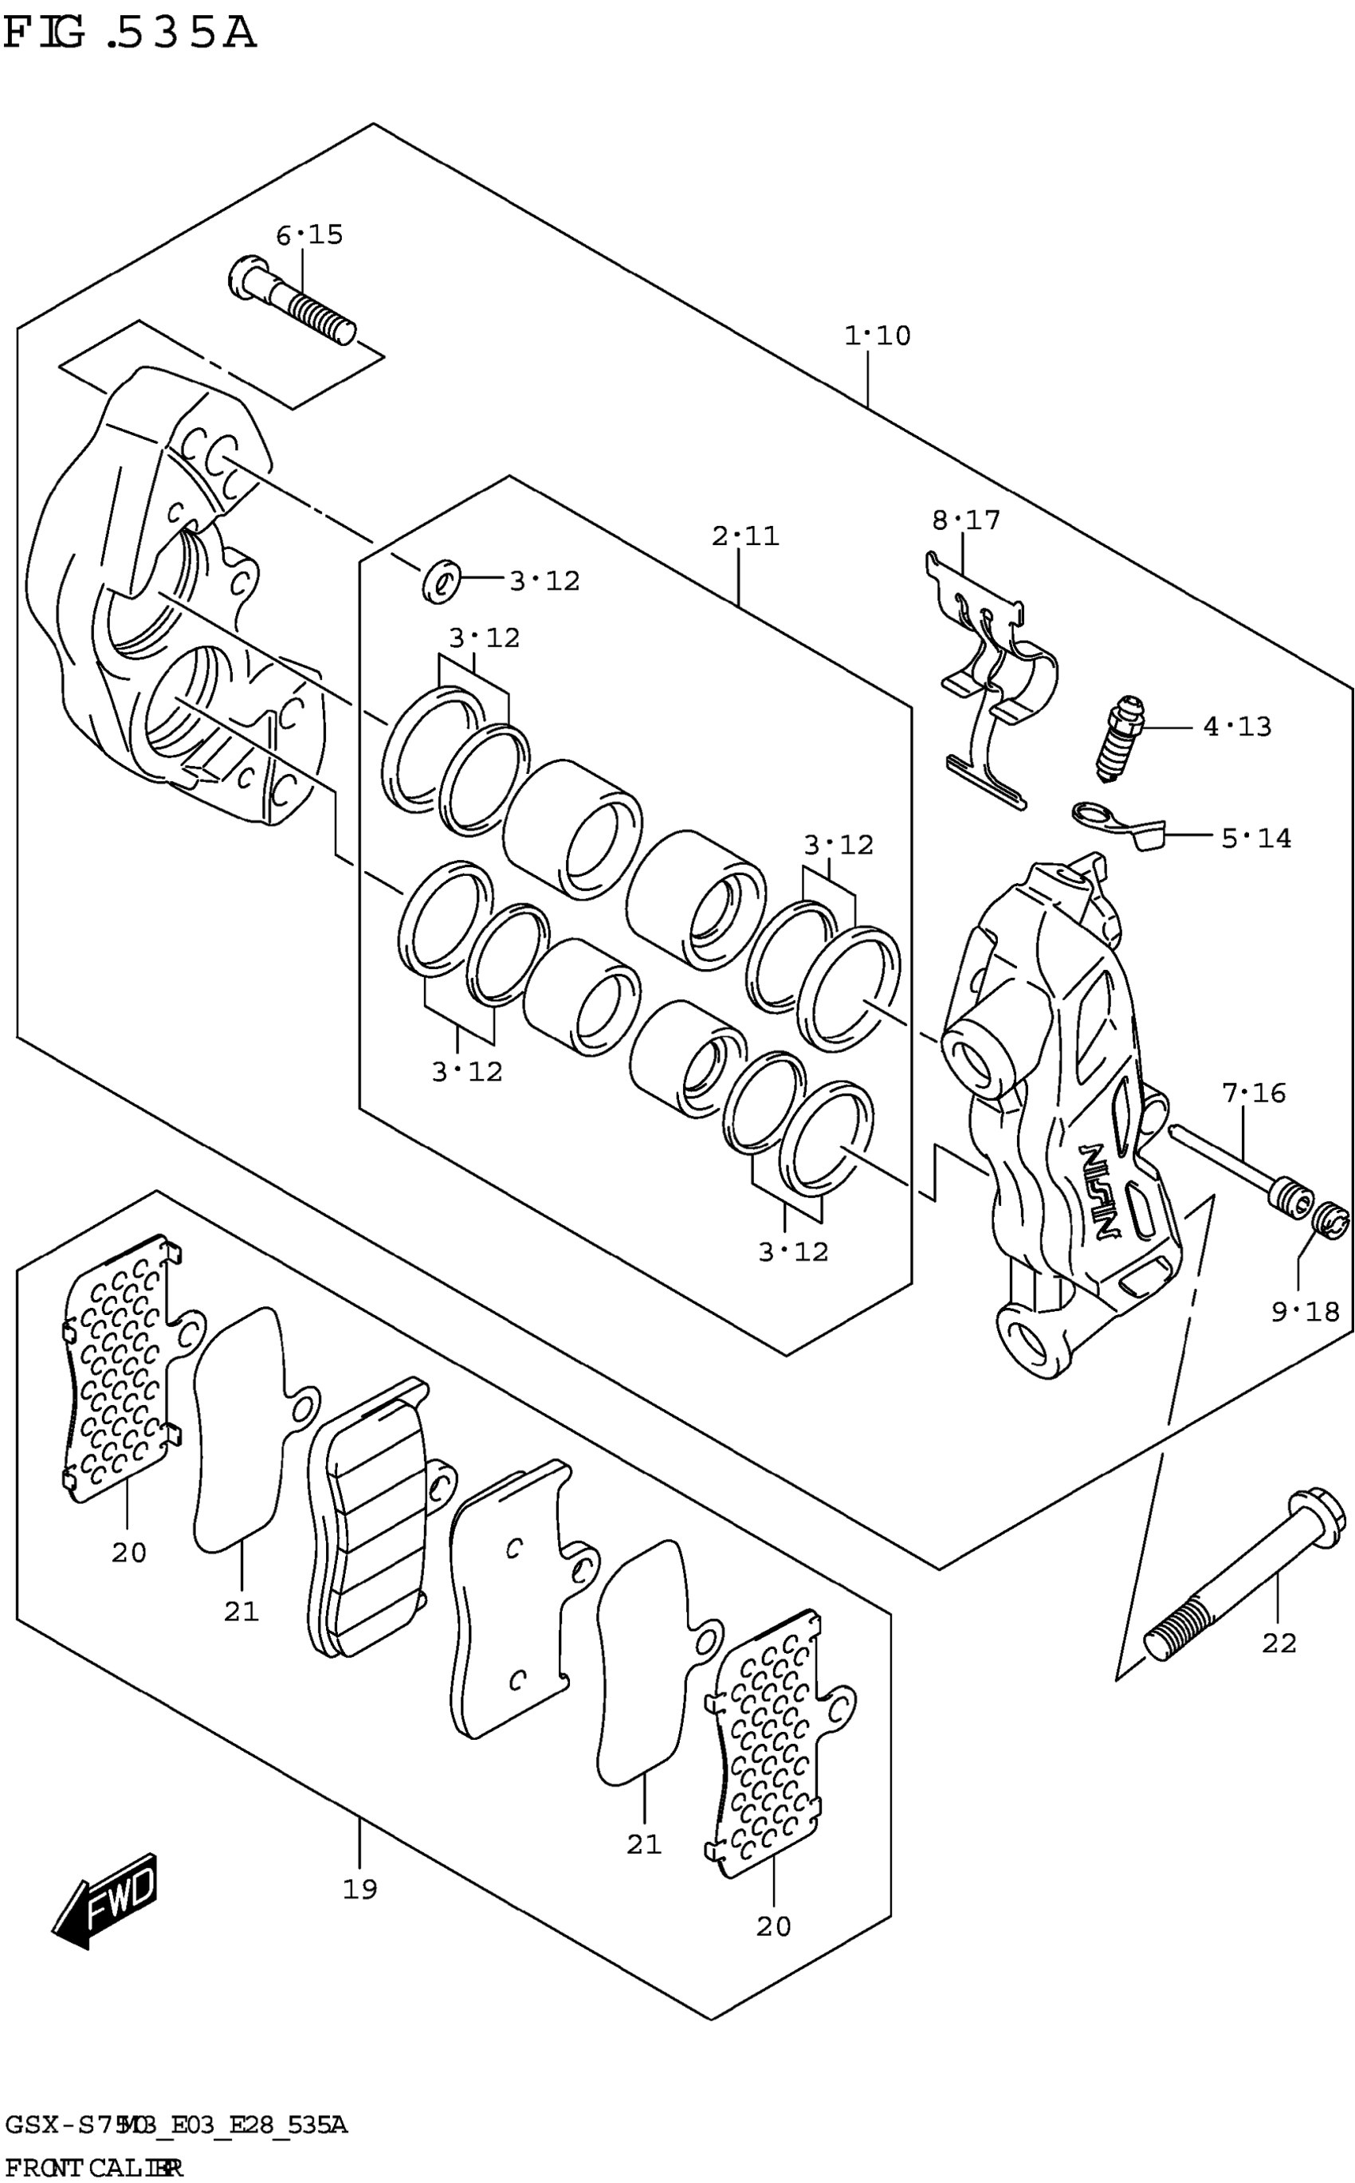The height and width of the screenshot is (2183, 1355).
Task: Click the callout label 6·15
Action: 309,236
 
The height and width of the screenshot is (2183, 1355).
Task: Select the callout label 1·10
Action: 878,336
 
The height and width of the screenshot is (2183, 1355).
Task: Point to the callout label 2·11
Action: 745,537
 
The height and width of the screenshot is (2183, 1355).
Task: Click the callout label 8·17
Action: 966,520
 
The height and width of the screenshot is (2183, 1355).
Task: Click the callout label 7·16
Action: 1254,1093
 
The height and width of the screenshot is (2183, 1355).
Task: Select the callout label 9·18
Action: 1305,1313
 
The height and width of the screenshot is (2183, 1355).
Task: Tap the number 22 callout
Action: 1278,1643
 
